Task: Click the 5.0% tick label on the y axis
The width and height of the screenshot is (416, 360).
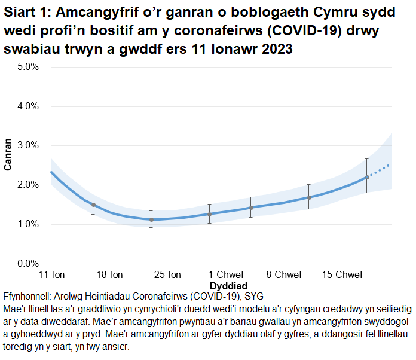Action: click(x=27, y=67)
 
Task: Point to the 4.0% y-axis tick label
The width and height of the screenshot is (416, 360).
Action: click(x=27, y=106)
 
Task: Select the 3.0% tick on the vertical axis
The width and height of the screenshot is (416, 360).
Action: click(x=27, y=145)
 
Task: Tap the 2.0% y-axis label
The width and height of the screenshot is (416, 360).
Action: click(x=27, y=185)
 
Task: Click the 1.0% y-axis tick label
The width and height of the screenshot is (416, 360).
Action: click(x=27, y=224)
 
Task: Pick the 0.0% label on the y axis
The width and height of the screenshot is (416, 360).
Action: click(x=27, y=264)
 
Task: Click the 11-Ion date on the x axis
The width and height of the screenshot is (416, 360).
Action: click(x=51, y=275)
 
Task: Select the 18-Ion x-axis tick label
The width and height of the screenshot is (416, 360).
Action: click(x=109, y=275)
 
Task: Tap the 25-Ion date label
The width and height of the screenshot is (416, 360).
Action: click(x=167, y=275)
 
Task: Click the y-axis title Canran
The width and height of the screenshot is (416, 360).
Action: click(x=8, y=155)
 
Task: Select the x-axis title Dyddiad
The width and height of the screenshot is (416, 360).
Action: click(x=228, y=286)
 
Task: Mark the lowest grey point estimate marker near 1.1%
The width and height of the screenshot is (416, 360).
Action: click(x=151, y=219)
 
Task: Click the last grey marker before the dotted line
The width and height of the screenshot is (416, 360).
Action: click(x=367, y=177)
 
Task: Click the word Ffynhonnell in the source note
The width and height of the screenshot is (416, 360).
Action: click(x=27, y=296)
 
